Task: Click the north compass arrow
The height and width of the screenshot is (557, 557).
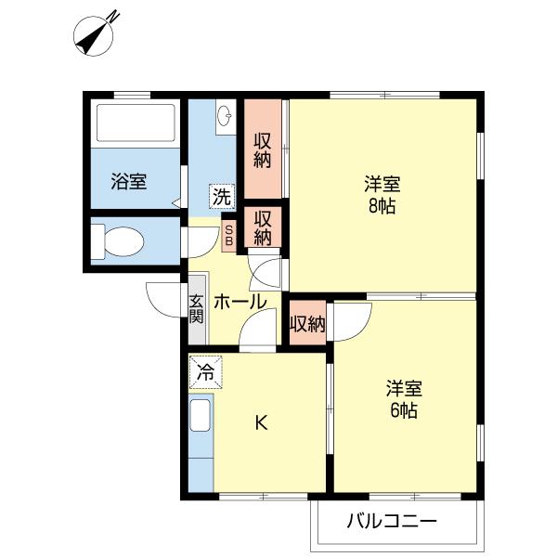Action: (97, 35)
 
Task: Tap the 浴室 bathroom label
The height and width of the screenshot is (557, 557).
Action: (129, 181)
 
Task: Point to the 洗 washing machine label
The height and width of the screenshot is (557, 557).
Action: (222, 196)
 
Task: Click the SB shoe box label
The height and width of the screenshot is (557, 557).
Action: (229, 235)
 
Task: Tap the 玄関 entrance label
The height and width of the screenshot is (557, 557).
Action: (197, 309)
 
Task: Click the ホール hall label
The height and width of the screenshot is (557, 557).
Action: (240, 303)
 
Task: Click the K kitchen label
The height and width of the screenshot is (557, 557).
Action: (262, 423)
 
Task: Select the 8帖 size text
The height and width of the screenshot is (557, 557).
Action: (381, 206)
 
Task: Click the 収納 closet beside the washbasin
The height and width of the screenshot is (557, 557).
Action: (263, 149)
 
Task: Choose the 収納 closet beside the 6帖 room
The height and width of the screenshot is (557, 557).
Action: (307, 324)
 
